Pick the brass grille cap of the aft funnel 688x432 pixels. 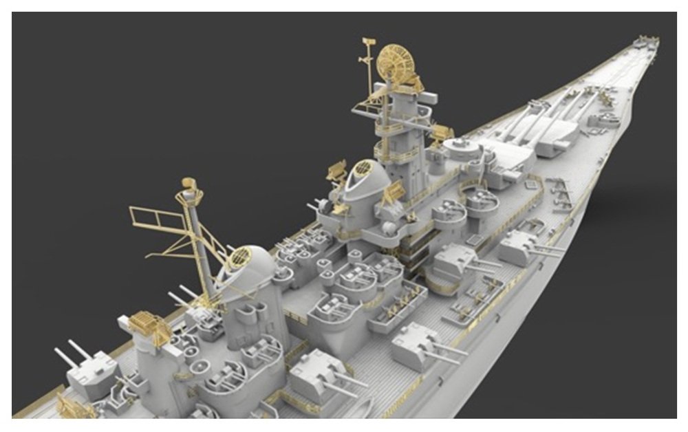[x=239, y=259]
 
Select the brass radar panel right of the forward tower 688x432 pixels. [x=440, y=131]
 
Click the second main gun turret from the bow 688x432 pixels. [x=506, y=155]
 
